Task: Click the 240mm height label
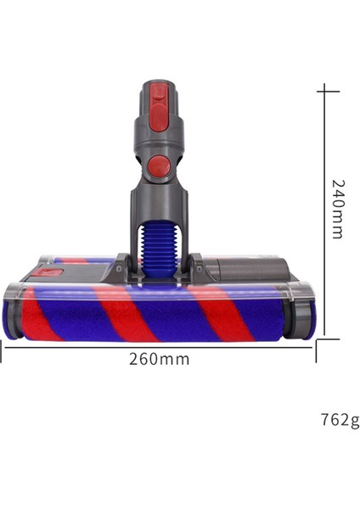tap(337, 209)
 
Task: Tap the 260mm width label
tap(160, 359)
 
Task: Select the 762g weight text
tap(340, 420)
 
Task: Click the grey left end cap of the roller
tap(12, 311)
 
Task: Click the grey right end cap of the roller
tap(304, 312)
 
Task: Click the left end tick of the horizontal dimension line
tap(2, 350)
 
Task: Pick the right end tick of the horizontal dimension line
tap(316, 350)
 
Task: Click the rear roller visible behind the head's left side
tap(81, 260)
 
